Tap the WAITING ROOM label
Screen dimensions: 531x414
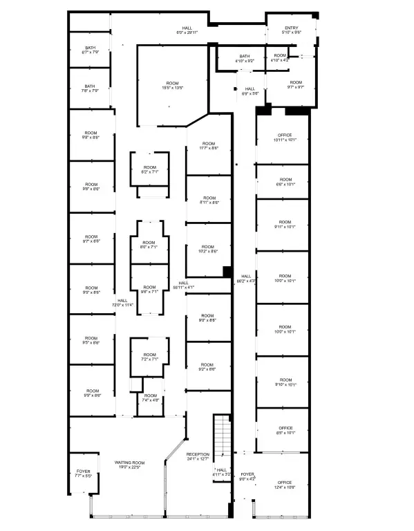[x=129, y=465]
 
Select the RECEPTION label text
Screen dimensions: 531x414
[x=198, y=456]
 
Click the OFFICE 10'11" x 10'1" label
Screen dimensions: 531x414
[x=285, y=137]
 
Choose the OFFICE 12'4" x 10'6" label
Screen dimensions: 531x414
[x=285, y=485]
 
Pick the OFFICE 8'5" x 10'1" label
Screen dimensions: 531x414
[x=285, y=430]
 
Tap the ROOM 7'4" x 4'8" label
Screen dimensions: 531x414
[x=150, y=398]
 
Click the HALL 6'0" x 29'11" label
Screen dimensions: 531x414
[x=187, y=30]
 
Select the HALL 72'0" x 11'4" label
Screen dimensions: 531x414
[x=122, y=302]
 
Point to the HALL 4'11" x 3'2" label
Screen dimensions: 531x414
[x=221, y=472]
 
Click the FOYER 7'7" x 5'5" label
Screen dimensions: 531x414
[x=82, y=474]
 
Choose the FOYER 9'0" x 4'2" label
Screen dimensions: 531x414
[x=247, y=476]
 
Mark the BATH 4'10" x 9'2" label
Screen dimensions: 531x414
[x=245, y=59]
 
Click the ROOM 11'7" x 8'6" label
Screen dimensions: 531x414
[x=209, y=146]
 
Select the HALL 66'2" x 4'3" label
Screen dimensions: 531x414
[x=246, y=279]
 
